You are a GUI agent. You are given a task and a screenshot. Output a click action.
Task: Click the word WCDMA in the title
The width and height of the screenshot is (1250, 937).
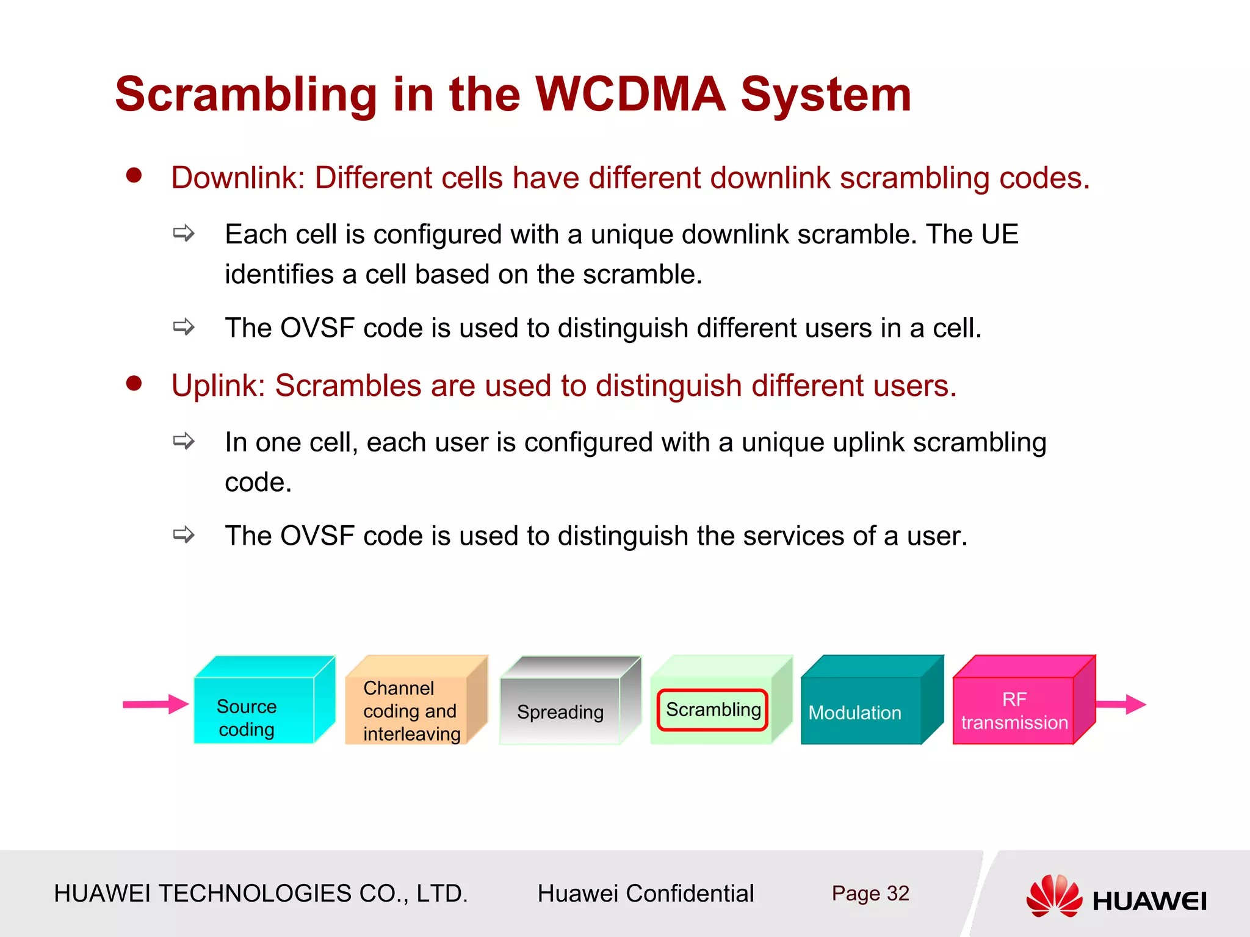(630, 95)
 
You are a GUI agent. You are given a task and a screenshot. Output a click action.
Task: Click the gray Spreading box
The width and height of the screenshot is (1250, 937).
(560, 710)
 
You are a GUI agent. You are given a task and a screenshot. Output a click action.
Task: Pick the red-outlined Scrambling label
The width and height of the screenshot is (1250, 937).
(712, 709)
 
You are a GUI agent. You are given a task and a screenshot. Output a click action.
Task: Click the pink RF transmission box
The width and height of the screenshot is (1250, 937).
(1014, 710)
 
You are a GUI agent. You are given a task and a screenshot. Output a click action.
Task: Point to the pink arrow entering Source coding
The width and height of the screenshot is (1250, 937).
(155, 704)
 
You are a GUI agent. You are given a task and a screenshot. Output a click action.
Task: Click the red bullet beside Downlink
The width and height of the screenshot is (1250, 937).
(134, 176)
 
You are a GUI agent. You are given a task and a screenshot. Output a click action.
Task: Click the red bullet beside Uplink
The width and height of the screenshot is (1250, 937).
(134, 384)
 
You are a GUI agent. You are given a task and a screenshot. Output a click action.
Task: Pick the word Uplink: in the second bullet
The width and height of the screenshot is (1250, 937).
(218, 386)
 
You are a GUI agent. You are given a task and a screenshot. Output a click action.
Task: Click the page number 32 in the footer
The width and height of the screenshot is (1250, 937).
(898, 893)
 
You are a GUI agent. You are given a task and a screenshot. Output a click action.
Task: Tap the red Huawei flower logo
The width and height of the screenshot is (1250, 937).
(1053, 896)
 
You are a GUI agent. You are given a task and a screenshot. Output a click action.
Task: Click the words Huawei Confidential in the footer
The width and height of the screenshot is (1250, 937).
(645, 894)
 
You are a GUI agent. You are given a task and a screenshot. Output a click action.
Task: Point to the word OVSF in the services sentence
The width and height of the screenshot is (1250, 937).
(317, 536)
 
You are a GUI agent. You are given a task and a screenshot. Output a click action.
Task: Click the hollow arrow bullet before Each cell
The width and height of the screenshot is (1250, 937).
(183, 233)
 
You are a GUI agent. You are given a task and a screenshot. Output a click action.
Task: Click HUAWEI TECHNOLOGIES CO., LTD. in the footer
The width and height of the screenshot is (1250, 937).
(261, 894)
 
